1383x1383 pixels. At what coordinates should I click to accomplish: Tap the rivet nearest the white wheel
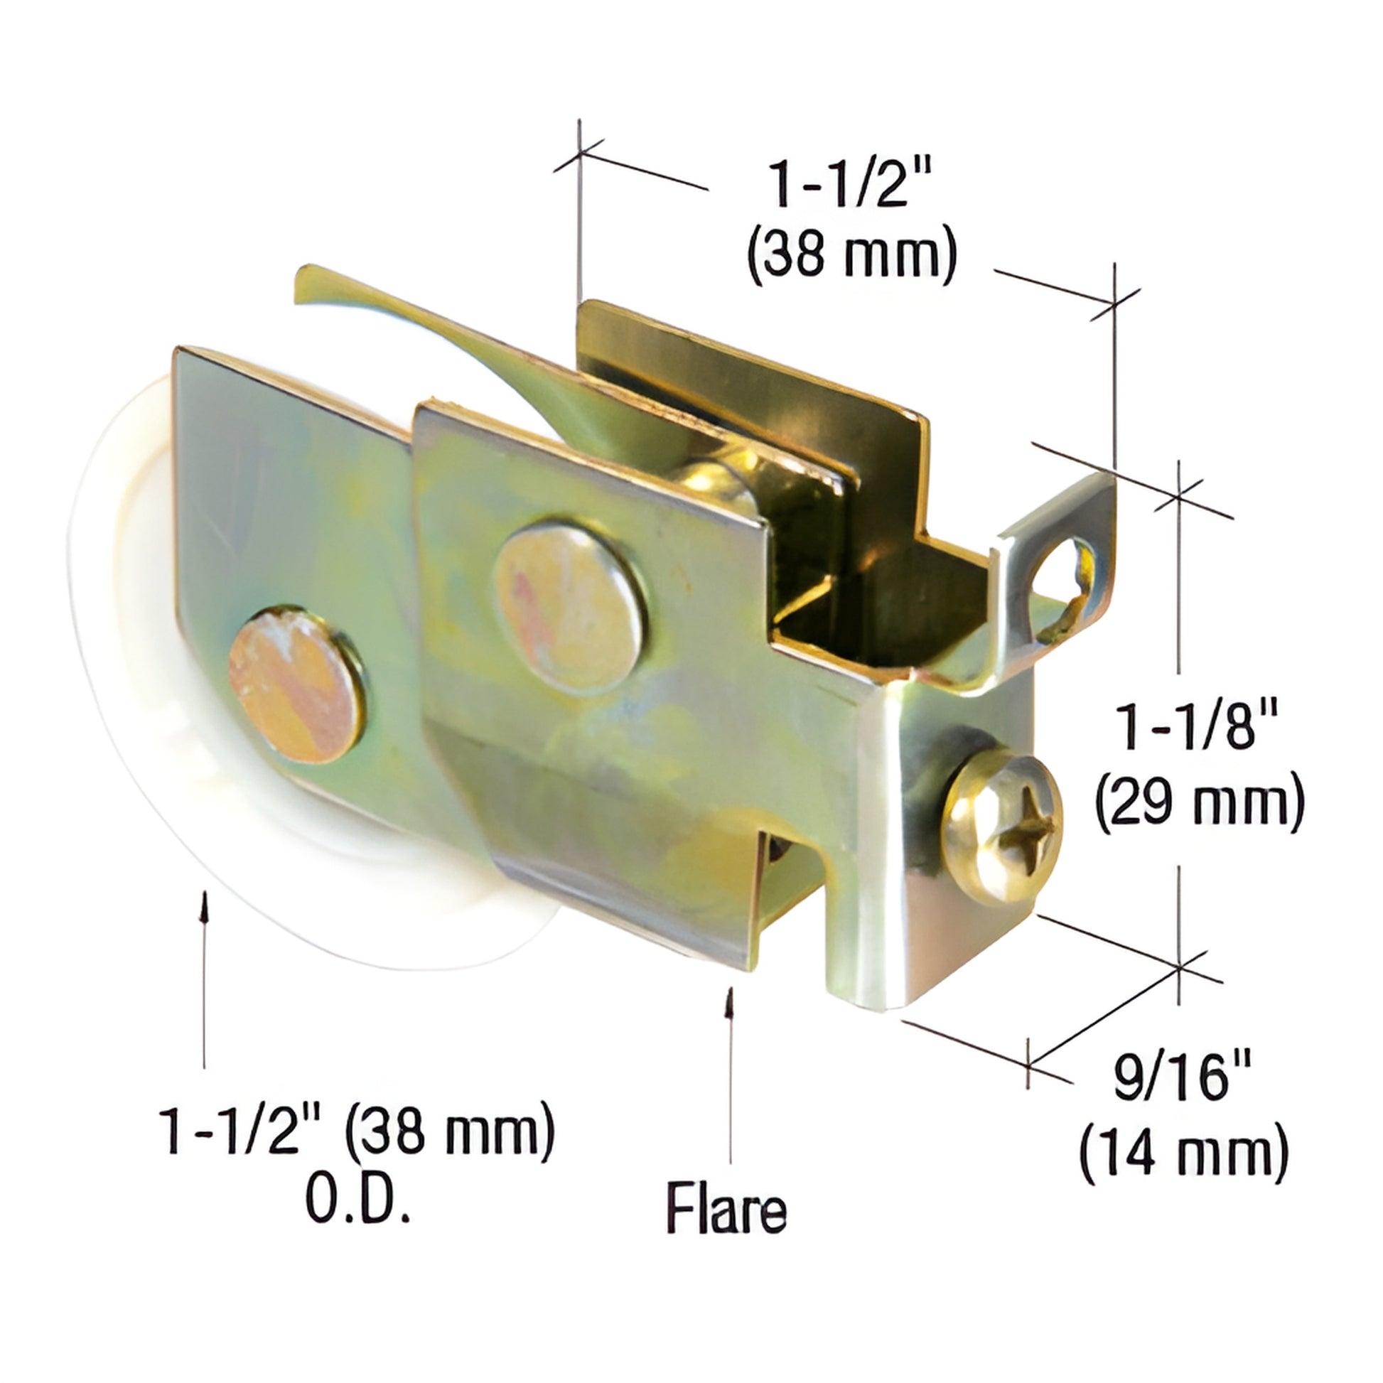click(x=297, y=686)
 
